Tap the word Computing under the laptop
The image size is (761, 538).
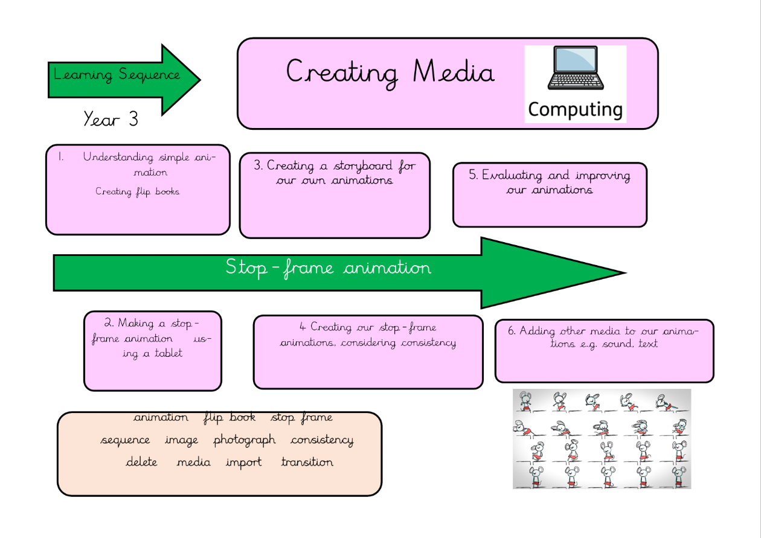pos(575,109)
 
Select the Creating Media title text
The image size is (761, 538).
pos(390,72)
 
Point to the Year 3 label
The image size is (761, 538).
pos(111,119)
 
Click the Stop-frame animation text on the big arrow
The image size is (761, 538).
pos(329,267)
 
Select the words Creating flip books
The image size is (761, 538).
pos(138,192)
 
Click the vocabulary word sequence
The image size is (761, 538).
pos(125,440)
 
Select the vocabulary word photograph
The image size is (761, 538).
pos(245,440)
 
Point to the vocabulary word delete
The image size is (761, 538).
pos(141,463)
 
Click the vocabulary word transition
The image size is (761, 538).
pos(307,463)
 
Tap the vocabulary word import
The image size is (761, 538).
pos(244,463)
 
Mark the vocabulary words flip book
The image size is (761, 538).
pos(230,418)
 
